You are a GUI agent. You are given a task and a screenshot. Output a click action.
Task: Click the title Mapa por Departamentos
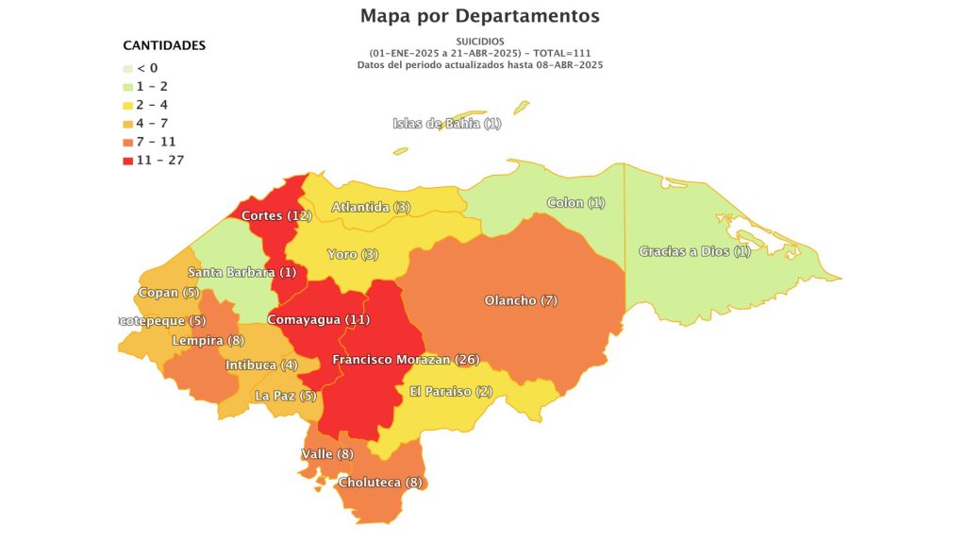479,16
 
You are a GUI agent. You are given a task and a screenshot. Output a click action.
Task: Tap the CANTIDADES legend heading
164,45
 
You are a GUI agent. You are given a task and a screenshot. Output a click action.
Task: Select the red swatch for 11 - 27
127,161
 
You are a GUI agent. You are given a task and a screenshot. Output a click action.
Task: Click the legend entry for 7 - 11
157,142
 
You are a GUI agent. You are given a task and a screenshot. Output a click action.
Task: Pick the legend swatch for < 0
127,69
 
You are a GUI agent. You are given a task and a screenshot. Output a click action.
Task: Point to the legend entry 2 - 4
153,105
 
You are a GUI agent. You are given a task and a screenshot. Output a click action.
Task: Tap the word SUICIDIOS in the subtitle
480,42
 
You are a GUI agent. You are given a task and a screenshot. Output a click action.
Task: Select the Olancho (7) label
522,300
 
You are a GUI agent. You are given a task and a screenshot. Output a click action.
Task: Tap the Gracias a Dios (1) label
694,251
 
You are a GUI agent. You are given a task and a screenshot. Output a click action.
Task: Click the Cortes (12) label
276,216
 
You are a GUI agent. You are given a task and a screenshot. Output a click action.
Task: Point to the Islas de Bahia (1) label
447,124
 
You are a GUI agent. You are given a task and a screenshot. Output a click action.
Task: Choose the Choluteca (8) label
380,483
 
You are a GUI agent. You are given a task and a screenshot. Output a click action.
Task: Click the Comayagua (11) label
319,320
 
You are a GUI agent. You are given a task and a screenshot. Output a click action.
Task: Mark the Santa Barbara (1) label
241,273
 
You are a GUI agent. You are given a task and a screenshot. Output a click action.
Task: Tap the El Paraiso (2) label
451,392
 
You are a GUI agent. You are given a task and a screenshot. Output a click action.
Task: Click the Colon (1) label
576,203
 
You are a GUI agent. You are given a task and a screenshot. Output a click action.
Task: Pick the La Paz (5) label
286,396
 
